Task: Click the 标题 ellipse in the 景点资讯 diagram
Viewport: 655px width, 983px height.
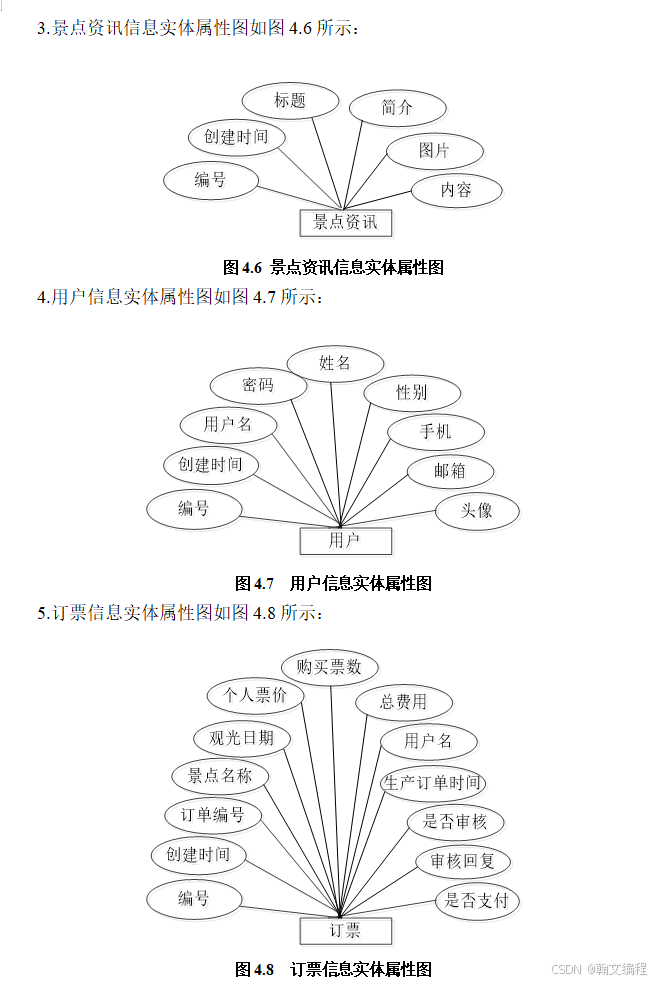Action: coord(290,100)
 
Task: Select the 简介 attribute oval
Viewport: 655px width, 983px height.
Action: coord(397,108)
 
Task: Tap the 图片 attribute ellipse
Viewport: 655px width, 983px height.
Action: coord(434,151)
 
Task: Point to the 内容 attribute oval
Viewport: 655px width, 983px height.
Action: coord(456,189)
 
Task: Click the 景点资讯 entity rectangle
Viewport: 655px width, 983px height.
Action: coord(345,222)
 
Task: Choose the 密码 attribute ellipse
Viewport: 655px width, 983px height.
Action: coord(258,385)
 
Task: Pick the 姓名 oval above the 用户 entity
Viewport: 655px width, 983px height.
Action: coord(335,363)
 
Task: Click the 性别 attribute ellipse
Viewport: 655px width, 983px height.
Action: coord(411,392)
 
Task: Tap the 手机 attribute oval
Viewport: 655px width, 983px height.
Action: coord(435,432)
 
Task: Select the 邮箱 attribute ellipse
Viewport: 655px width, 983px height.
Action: coord(450,471)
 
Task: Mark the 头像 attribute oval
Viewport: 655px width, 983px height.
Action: coord(477,510)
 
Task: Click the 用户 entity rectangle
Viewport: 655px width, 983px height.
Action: coord(345,541)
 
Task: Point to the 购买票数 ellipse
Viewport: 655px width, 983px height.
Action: coord(329,666)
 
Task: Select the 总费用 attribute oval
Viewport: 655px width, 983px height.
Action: coord(403,702)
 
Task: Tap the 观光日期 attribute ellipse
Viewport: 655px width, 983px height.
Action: coord(241,738)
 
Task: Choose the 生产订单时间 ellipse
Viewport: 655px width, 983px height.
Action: coord(432,783)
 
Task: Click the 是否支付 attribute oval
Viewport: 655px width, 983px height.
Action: coord(477,901)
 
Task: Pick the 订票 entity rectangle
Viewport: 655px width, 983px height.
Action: coord(345,931)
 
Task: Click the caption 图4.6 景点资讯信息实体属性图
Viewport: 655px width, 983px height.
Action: coord(332,267)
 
